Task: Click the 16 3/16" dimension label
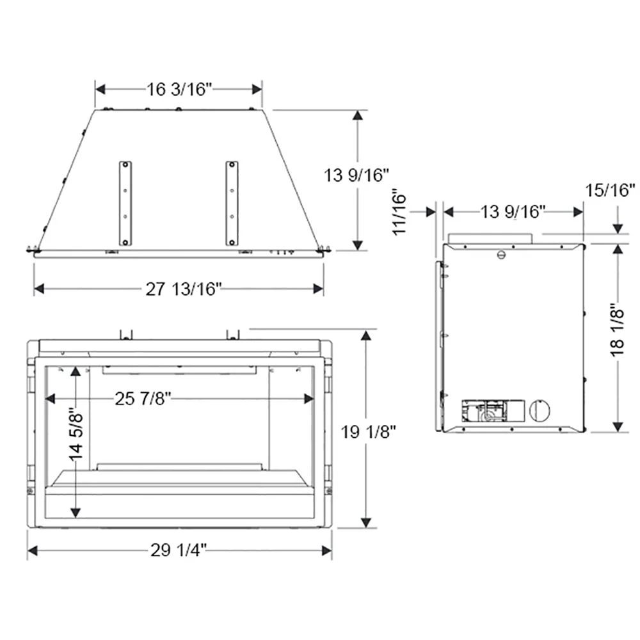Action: (179, 89)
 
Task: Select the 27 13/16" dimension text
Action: (184, 289)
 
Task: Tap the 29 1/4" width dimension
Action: (179, 550)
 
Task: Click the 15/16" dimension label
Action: (610, 189)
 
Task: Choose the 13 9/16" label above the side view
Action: (512, 211)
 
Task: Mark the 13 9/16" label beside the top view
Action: (357, 174)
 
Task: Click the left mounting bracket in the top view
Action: (125, 203)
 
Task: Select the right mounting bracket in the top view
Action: (232, 203)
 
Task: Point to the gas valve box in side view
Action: (484, 411)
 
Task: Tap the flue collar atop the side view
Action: (490, 238)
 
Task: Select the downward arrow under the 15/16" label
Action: (618, 228)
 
